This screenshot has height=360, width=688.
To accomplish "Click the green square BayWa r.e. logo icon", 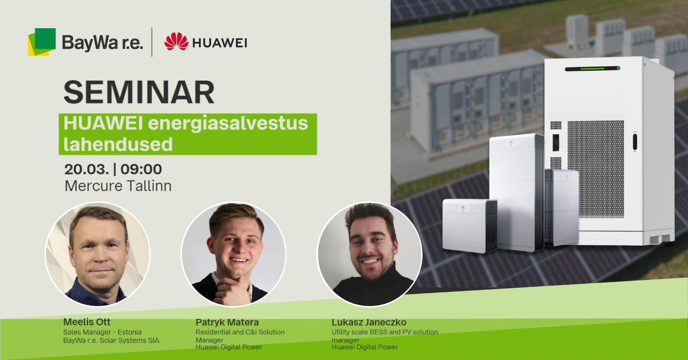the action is pos(42,42).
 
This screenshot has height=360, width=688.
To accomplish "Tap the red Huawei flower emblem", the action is pos(176,41).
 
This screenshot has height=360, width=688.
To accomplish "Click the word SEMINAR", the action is pos(139,92).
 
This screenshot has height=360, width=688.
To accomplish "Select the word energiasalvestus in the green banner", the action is pos(228,124).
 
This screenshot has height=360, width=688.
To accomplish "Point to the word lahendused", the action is pos(118,144).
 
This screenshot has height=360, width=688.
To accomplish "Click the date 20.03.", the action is pos(87,169).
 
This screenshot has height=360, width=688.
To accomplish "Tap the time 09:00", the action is pos(141,169).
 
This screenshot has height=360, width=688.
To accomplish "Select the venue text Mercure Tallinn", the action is pos(118,186).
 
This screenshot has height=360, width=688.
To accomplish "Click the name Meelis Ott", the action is pos(87,322).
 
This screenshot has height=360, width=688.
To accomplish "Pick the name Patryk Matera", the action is pos(227,322).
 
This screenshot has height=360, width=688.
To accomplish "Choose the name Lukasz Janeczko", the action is pos(369,322).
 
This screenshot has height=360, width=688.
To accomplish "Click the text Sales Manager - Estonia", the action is pos(102,332).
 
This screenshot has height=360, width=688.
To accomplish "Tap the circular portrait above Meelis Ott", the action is pos(98,254).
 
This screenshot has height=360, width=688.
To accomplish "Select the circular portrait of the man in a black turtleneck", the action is pos(370,254).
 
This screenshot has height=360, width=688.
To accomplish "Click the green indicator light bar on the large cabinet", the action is pos(593,68).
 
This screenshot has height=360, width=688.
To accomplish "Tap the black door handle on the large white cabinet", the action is pos(635,141).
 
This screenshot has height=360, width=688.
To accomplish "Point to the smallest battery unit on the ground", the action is pos(469,226).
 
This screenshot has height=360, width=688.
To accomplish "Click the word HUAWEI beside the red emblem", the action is pos(220,43).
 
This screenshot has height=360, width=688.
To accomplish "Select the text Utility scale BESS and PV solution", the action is pos(384,332).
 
